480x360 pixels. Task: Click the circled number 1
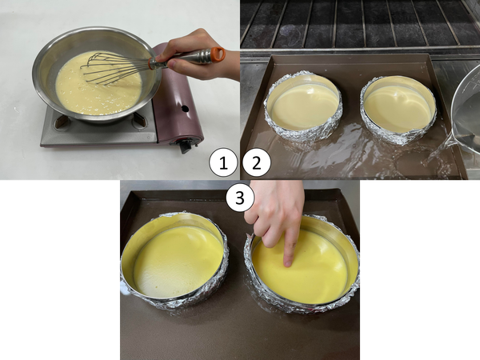click(223, 163)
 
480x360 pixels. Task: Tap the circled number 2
click(257, 163)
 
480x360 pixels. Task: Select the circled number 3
click(240, 198)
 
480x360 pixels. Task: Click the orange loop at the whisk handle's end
click(218, 54)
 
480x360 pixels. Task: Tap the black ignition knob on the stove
click(186, 146)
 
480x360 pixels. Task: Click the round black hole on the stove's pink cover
click(185, 108)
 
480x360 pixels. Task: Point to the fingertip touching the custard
click(288, 262)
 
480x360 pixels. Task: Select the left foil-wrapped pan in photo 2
click(303, 106)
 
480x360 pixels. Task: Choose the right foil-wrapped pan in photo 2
click(398, 110)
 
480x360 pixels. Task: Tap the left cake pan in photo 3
click(174, 260)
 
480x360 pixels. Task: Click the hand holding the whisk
click(199, 55)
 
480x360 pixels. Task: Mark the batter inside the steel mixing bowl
click(98, 83)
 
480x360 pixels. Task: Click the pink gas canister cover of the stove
click(178, 95)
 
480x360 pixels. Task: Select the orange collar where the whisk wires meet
click(152, 63)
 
